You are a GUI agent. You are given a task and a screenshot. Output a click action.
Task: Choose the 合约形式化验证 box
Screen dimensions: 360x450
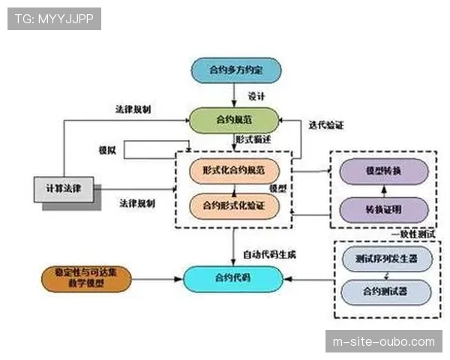(234, 203)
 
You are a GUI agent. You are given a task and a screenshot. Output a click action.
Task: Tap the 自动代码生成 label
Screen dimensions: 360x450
(269, 254)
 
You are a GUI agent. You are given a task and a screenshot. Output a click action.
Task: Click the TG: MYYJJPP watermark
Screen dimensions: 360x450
(54, 18)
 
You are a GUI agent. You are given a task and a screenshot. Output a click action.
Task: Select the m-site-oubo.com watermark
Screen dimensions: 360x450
(383, 342)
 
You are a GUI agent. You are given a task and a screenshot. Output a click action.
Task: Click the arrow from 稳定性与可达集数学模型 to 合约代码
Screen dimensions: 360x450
(157, 278)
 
